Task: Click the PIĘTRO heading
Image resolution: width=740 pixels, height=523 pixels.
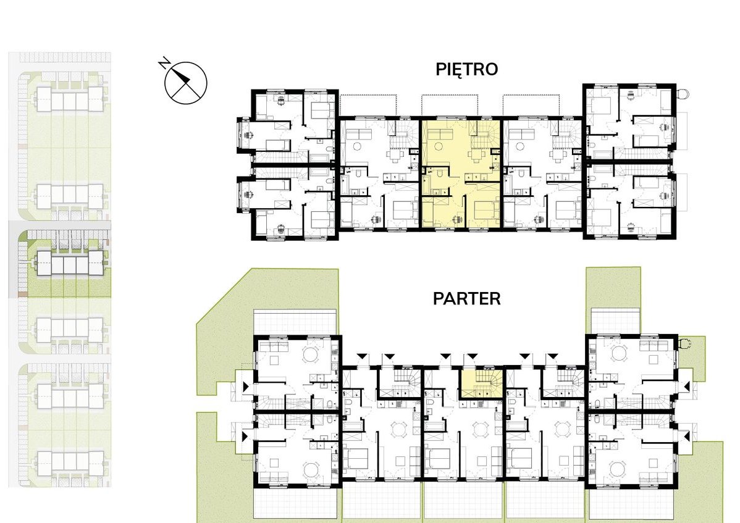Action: [467, 70]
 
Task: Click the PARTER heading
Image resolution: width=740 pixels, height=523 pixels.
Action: [467, 298]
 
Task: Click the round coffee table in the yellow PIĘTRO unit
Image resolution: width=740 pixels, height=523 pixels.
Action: [438, 146]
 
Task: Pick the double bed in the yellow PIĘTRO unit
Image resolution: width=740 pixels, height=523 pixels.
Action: [486, 210]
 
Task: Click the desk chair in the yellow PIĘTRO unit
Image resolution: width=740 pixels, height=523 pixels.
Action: [457, 219]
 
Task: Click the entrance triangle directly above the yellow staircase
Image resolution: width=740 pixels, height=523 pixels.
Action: [472, 356]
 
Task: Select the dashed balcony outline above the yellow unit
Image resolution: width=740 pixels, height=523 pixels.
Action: [450, 105]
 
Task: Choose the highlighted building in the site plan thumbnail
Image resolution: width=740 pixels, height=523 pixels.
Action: [69, 263]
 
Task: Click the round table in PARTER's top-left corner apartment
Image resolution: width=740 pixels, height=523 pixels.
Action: [311, 354]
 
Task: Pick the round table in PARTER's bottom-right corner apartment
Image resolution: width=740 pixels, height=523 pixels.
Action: [617, 469]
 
